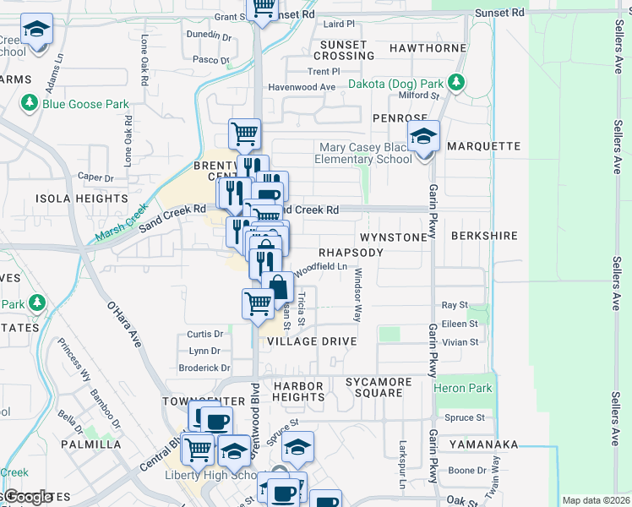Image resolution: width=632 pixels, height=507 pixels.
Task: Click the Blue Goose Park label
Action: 86,104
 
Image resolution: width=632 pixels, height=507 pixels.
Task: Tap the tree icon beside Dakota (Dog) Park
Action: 456,83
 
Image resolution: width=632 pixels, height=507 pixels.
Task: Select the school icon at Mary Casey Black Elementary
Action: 423,136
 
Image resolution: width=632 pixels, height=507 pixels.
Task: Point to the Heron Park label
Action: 462,388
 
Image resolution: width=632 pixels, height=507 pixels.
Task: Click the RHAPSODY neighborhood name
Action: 351,253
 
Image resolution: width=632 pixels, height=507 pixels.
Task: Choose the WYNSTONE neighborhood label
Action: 394,237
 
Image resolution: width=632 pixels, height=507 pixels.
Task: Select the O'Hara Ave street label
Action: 123,325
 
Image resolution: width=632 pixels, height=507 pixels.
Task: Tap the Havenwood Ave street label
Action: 302,87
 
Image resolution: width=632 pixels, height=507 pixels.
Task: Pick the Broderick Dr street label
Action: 204,368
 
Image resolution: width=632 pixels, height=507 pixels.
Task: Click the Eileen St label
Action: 461,324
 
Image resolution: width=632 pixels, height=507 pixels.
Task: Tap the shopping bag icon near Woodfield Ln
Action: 276,286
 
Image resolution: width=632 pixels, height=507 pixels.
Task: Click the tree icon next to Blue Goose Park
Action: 30,104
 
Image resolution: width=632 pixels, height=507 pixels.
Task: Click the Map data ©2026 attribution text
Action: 595,500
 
